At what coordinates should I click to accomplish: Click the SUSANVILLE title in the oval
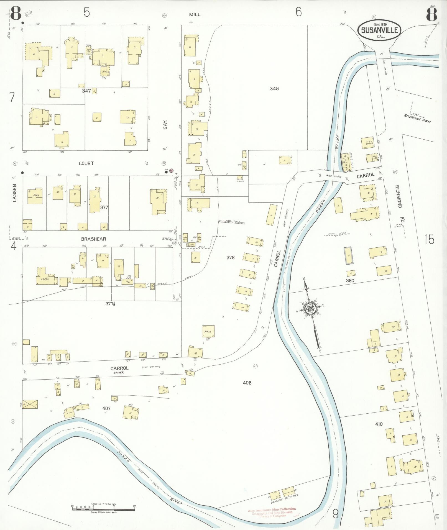379,30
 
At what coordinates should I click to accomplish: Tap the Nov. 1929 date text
380,24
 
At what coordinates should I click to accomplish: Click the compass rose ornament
310,308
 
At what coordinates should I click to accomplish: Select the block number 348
274,89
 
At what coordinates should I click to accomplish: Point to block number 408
247,383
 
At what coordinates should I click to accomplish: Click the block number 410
379,424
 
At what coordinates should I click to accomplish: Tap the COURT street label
86,163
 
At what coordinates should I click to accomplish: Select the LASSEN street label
15,193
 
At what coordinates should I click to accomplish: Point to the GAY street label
165,126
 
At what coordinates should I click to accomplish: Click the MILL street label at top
195,14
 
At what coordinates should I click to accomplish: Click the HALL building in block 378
208,332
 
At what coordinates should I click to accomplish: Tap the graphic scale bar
103,508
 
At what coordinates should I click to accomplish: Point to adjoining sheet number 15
429,239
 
